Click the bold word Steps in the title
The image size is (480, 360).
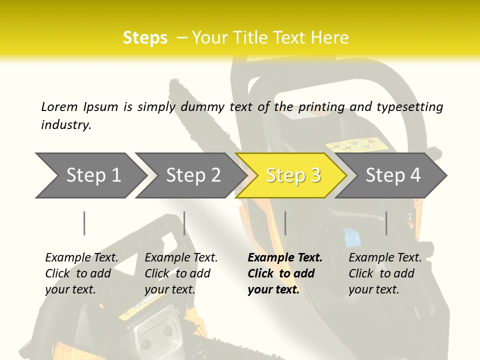coord(145,38)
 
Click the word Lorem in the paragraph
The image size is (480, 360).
coord(59,106)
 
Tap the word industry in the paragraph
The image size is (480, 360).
coord(66,124)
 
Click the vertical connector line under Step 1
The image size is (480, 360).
coord(84,223)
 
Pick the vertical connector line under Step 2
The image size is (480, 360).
coord(184,223)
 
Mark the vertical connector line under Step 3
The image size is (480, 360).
coord(285,223)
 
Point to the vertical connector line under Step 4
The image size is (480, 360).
coord(386,223)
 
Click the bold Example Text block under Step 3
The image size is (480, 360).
coord(285,273)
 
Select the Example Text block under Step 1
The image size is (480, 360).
coord(81,273)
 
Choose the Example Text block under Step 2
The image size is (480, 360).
coord(181,273)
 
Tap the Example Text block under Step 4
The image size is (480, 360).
coord(385,273)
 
